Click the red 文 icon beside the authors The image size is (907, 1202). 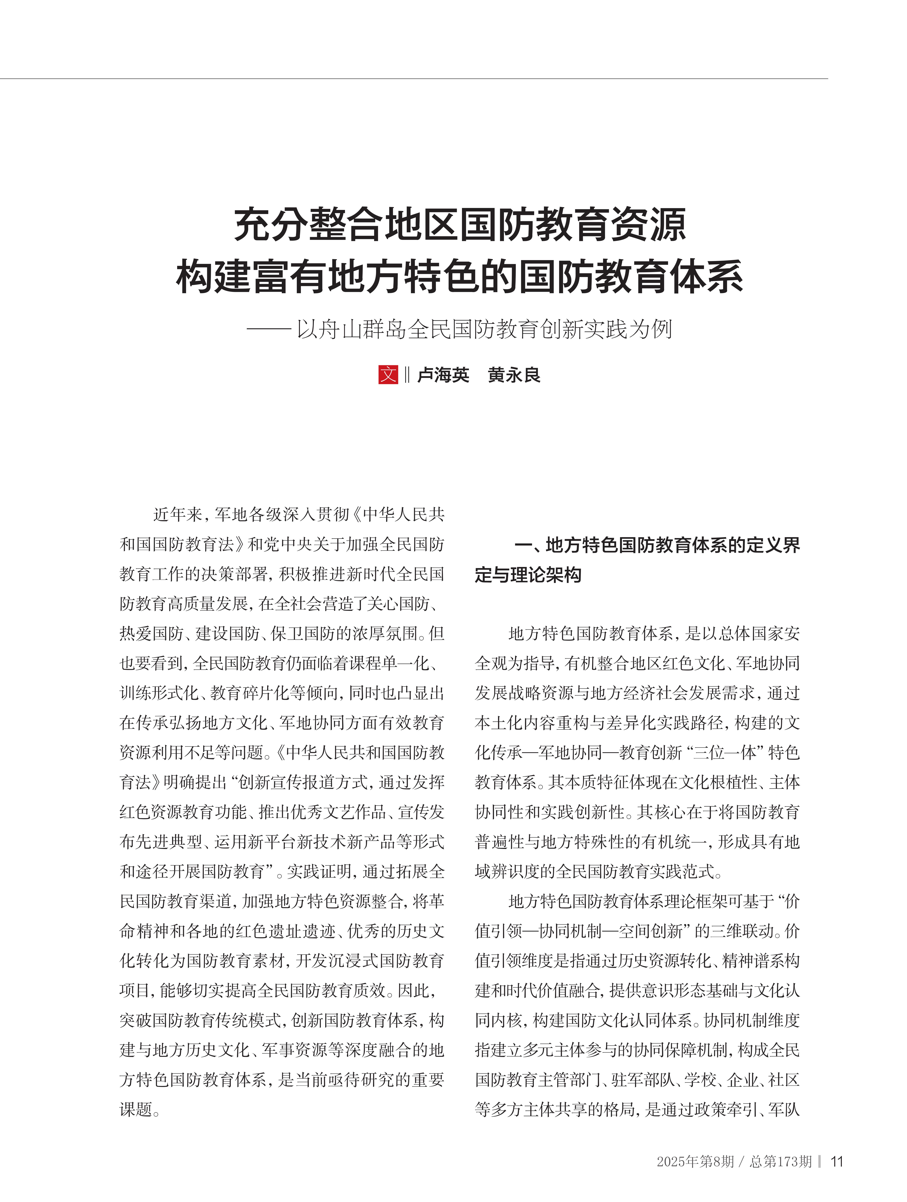point(388,375)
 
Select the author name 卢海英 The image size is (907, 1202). point(443,375)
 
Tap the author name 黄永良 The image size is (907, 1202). point(514,375)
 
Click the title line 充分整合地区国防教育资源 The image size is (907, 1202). point(460,224)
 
